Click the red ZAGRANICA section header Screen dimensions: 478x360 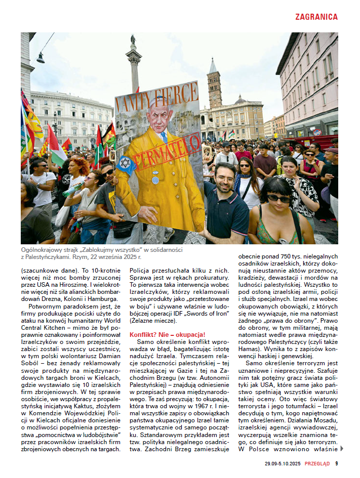(316, 17)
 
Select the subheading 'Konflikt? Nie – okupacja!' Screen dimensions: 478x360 (167, 334)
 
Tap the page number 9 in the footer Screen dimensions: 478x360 (336, 463)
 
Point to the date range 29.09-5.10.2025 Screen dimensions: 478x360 (283, 463)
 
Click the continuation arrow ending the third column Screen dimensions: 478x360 (342, 448)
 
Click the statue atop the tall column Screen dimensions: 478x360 (133, 39)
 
